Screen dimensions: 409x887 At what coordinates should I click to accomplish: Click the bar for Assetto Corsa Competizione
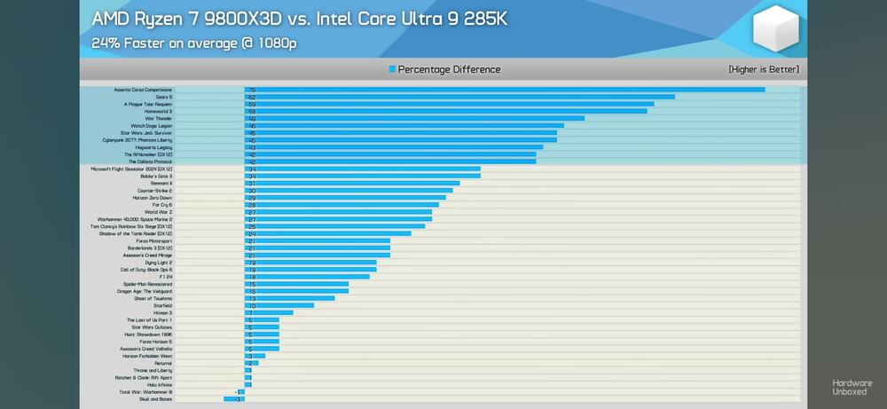(x=505, y=90)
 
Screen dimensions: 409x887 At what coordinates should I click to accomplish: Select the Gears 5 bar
(x=459, y=97)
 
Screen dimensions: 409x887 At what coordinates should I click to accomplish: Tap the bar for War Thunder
(x=414, y=118)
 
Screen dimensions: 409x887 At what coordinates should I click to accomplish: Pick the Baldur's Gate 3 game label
(x=155, y=177)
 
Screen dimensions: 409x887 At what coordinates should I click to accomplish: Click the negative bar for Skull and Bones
(x=234, y=399)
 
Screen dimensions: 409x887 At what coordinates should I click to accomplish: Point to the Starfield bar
(x=279, y=305)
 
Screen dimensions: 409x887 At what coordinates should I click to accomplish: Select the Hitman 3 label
(x=162, y=312)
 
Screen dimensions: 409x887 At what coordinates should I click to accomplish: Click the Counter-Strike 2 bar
(x=349, y=191)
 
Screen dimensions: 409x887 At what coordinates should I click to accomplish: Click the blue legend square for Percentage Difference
(x=392, y=69)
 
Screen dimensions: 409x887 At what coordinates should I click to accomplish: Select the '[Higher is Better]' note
(x=763, y=69)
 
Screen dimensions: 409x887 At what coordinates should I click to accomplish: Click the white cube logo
(x=777, y=28)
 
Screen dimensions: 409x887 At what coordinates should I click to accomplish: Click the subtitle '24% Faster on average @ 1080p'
(x=194, y=43)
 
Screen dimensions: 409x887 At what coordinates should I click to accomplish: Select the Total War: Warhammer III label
(x=145, y=392)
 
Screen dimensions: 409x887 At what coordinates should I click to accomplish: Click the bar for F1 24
(x=307, y=277)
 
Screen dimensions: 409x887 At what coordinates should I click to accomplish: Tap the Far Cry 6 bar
(x=341, y=205)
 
